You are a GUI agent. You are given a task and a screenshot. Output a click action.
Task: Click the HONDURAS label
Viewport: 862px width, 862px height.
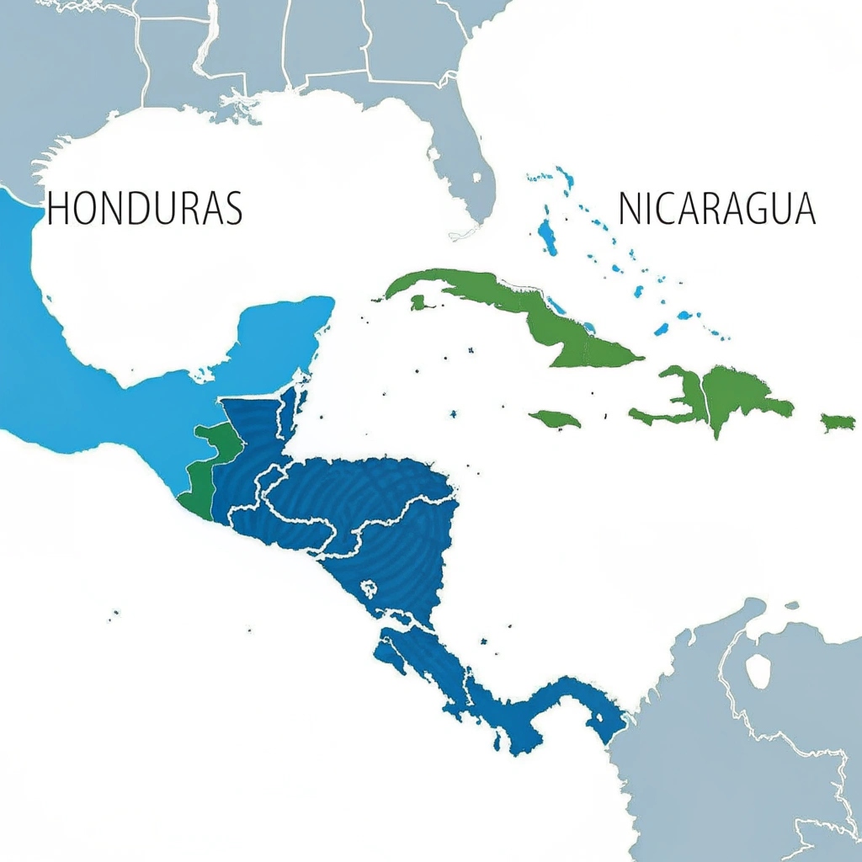[x=144, y=208]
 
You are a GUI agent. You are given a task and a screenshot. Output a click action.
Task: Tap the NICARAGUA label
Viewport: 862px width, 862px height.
[x=717, y=208]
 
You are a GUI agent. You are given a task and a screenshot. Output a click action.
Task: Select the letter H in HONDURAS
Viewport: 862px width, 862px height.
[x=56, y=208]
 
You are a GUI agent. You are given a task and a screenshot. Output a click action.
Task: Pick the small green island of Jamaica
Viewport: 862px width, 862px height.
[x=555, y=418]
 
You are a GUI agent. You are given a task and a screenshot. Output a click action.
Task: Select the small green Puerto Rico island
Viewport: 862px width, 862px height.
[x=838, y=422]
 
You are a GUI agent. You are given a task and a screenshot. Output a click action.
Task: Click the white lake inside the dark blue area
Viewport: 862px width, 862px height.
[x=369, y=588]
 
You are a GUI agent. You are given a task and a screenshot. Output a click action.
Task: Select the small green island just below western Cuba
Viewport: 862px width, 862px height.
[x=418, y=301]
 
